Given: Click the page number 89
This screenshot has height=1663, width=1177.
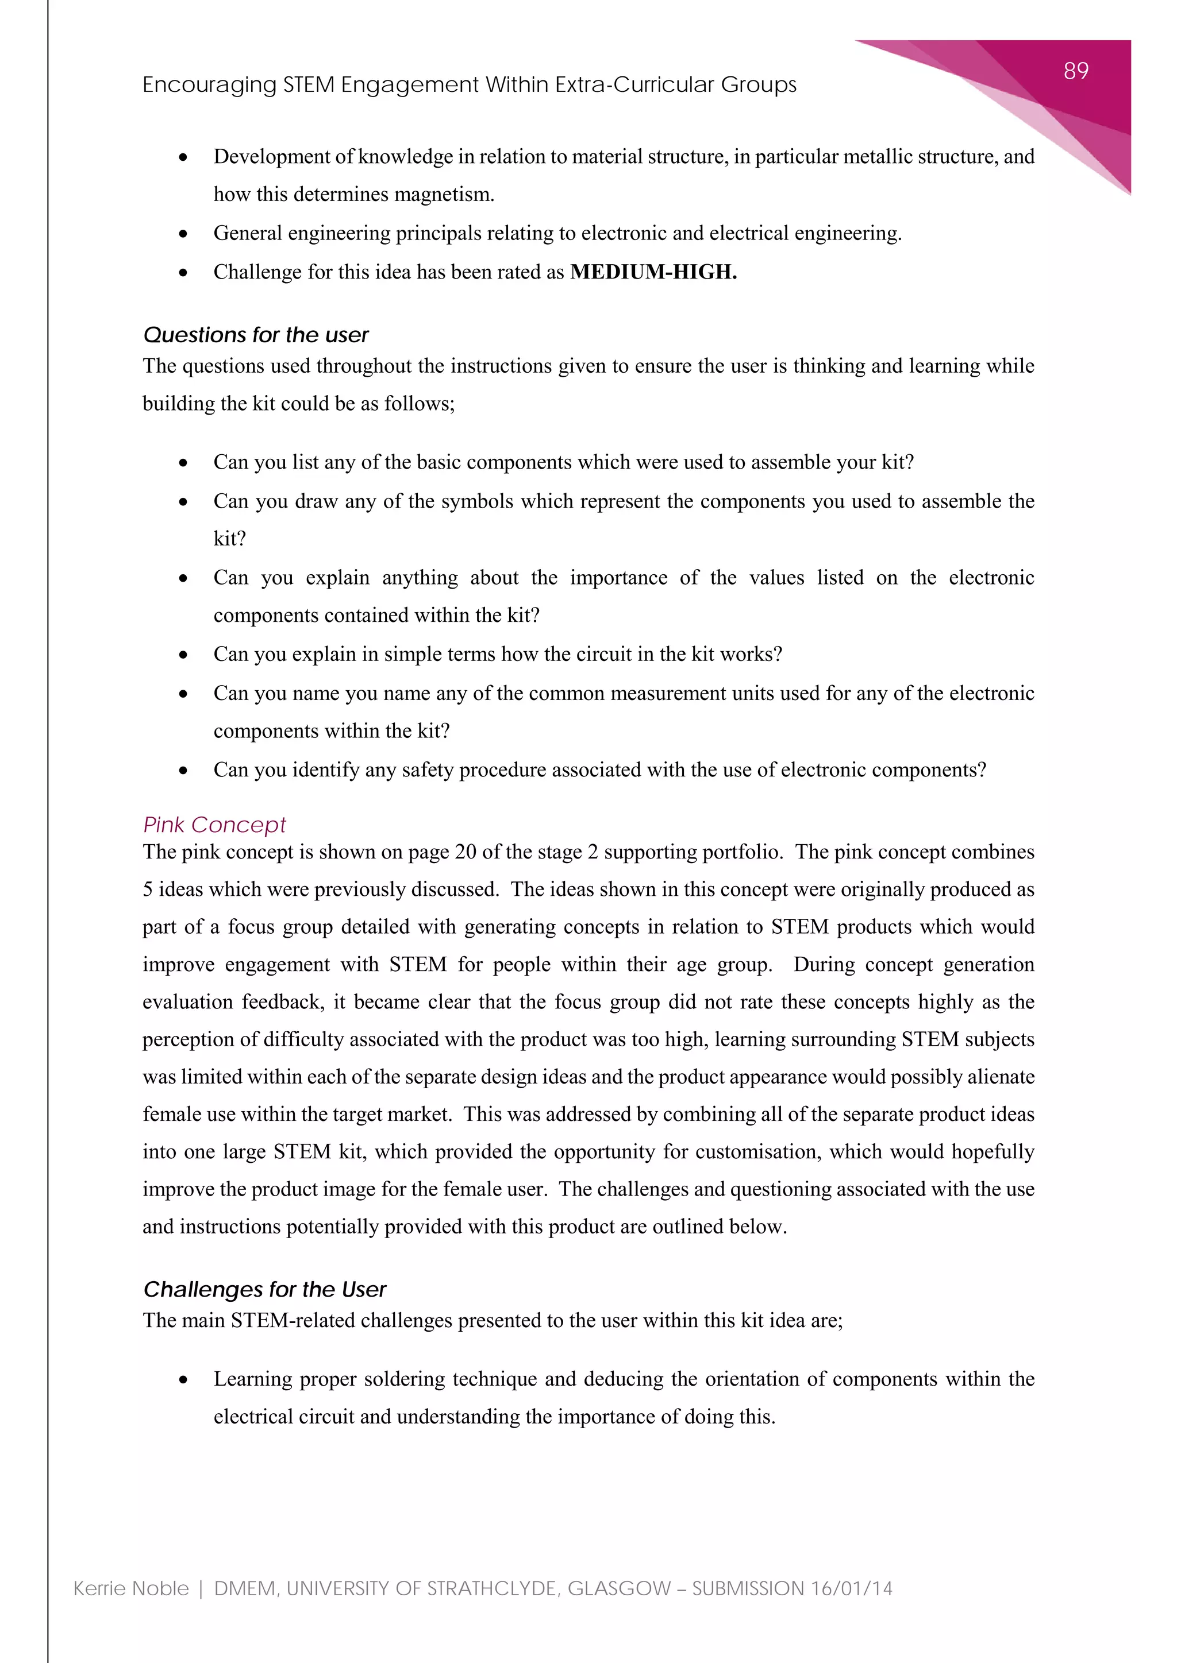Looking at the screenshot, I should click(x=1075, y=71).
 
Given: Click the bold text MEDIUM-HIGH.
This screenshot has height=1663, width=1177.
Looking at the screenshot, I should click(x=653, y=272).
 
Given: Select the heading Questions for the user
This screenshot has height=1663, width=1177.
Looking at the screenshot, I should click(x=256, y=335).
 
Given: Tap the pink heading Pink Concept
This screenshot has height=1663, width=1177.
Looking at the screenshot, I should click(x=214, y=825).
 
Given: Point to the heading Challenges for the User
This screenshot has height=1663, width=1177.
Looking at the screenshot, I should click(x=264, y=1290).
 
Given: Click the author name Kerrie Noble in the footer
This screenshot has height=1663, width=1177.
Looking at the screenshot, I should click(x=131, y=1589).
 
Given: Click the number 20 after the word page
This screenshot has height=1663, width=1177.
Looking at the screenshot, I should click(x=466, y=853).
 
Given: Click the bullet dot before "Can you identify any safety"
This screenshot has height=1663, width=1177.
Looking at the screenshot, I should click(x=183, y=771).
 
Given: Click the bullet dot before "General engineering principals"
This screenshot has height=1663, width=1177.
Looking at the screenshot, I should click(x=183, y=234).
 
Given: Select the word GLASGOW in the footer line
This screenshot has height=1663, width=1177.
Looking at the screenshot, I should click(x=619, y=1589).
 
